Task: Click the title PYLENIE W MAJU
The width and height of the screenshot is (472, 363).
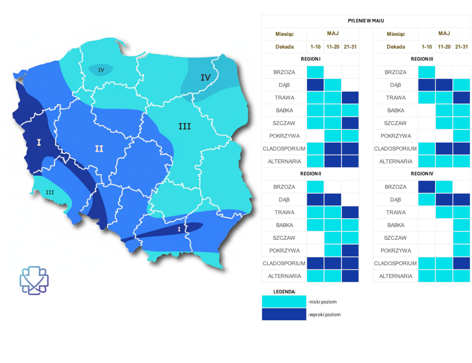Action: click(x=366, y=21)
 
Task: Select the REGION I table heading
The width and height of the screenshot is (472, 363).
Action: click(x=310, y=59)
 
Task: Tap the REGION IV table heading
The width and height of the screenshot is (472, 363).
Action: click(x=422, y=174)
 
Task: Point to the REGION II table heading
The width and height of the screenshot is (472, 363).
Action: click(x=310, y=174)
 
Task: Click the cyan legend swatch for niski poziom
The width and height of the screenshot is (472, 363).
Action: click(x=284, y=302)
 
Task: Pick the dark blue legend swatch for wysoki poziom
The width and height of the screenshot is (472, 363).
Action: click(x=284, y=314)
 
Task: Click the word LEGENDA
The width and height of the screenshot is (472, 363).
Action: click(x=284, y=291)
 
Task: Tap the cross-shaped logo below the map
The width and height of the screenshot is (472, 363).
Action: click(x=34, y=280)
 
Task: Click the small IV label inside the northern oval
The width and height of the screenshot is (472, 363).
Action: click(x=101, y=70)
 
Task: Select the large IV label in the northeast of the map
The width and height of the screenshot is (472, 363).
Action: click(x=206, y=77)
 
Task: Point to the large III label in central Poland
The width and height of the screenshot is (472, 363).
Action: click(x=184, y=126)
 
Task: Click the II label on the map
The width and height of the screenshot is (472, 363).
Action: click(x=99, y=148)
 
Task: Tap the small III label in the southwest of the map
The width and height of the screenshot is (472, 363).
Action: click(x=50, y=192)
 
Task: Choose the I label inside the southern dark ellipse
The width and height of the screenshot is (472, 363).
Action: click(x=179, y=229)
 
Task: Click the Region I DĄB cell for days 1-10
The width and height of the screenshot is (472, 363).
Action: click(x=315, y=85)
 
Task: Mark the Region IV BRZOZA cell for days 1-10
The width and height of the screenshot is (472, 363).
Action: click(x=427, y=187)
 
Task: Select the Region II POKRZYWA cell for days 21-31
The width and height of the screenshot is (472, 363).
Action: click(x=350, y=250)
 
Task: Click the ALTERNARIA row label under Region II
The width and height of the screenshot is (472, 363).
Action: click(x=284, y=276)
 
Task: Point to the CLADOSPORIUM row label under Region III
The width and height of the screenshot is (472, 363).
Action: click(x=395, y=148)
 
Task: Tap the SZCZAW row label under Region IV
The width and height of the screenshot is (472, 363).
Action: click(x=395, y=238)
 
